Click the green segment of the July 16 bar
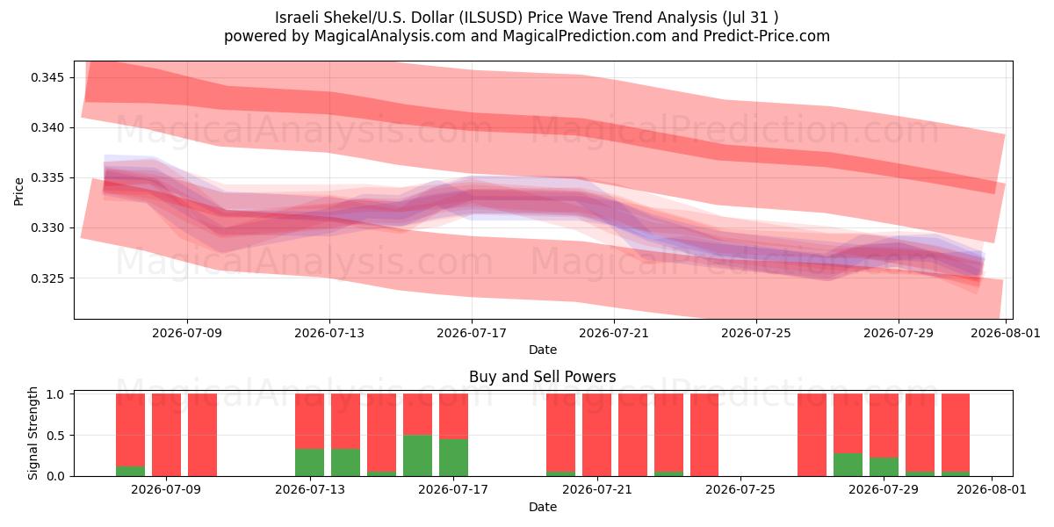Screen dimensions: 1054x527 pyautogui.click(x=417, y=456)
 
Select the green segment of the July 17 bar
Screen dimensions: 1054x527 pyautogui.click(x=453, y=458)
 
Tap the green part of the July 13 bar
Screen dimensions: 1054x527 pyautogui.click(x=309, y=463)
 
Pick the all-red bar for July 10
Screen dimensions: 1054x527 pyautogui.click(x=202, y=435)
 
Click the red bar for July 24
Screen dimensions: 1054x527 pyautogui.click(x=704, y=435)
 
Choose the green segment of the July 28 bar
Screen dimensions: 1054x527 pyautogui.click(x=848, y=465)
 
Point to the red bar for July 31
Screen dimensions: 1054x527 pyautogui.click(x=956, y=432)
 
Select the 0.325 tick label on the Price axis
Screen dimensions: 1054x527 pyautogui.click(x=47, y=278)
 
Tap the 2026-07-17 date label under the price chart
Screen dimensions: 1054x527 pyautogui.click(x=472, y=333)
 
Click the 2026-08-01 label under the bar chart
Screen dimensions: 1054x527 pyautogui.click(x=992, y=489)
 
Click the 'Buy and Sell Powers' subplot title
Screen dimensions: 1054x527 pyautogui.click(x=543, y=377)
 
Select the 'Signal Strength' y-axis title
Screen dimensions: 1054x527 pyautogui.click(x=32, y=433)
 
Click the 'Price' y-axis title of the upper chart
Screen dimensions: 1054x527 pyautogui.click(x=18, y=191)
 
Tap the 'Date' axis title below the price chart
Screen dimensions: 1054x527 pyautogui.click(x=543, y=350)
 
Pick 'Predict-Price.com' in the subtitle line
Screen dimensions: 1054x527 pyautogui.click(x=767, y=36)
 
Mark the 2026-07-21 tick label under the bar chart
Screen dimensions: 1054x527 pyautogui.click(x=597, y=489)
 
